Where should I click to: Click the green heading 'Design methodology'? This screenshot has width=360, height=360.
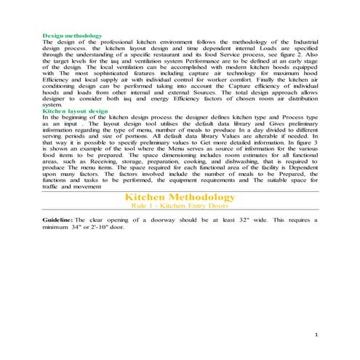72,36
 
